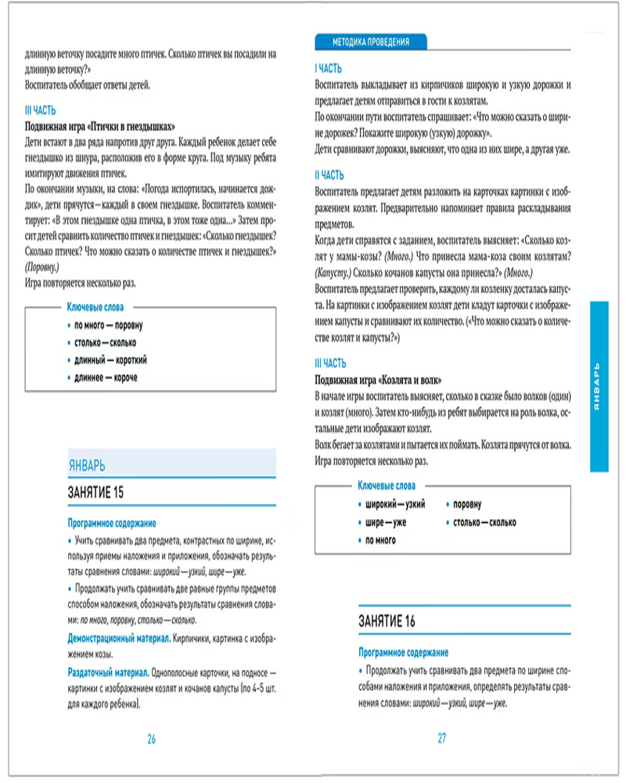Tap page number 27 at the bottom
(441, 738)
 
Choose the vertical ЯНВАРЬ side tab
(599, 388)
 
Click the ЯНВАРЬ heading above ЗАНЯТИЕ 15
(87, 466)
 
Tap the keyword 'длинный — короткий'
(111, 360)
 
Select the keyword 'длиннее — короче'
(106, 378)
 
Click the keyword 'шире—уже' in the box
(386, 522)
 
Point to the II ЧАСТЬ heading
(329, 175)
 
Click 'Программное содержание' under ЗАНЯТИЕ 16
(403, 652)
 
